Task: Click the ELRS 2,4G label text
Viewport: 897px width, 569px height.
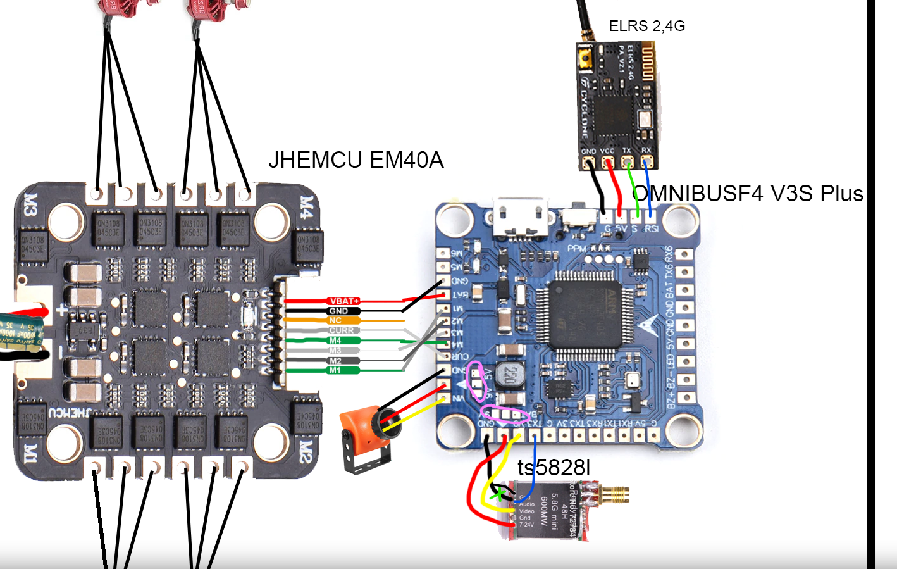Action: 646,26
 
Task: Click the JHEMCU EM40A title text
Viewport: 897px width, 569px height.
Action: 356,160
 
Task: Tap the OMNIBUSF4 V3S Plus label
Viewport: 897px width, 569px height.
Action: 748,193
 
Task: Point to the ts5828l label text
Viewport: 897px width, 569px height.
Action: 554,468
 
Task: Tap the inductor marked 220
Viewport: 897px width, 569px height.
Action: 509,376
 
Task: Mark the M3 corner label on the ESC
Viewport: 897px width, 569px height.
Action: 30,206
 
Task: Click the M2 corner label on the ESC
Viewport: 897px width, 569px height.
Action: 305,451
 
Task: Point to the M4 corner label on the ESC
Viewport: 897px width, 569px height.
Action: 306,206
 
